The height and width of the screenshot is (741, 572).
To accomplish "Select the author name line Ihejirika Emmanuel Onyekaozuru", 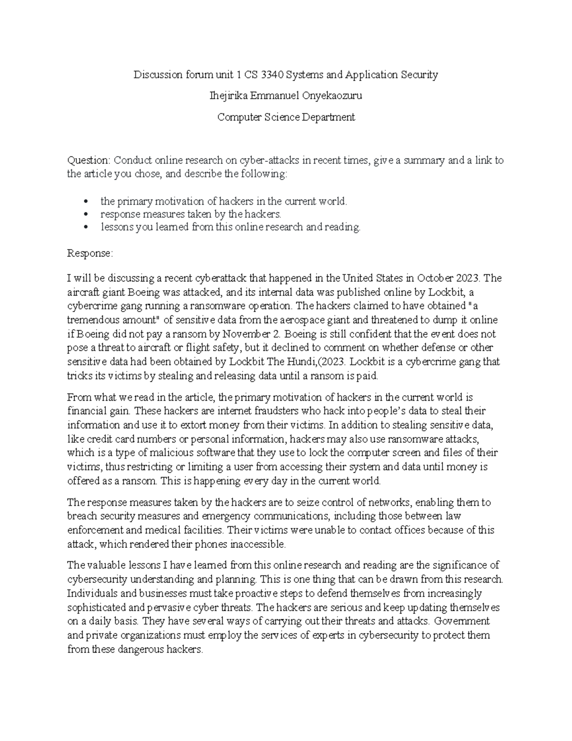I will click(x=286, y=96).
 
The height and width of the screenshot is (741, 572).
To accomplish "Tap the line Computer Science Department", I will click(x=286, y=117).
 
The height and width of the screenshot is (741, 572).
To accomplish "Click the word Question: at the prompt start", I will click(x=89, y=160).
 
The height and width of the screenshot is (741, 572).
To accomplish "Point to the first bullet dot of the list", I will click(x=86, y=202).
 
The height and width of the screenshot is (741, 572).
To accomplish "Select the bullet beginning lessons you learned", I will click(x=230, y=227).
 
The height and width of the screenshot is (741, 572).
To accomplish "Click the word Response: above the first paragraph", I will click(x=90, y=253).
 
